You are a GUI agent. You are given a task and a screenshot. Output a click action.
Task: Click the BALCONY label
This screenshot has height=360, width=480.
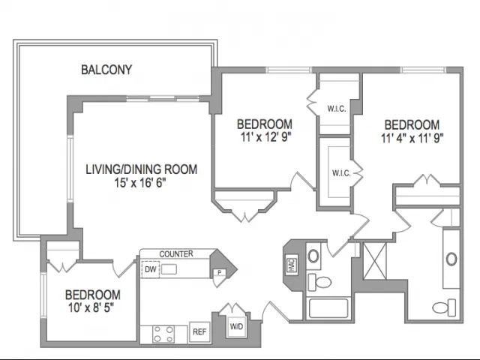coord(106,70)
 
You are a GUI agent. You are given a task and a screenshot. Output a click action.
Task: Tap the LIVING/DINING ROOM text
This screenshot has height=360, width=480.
coord(141,170)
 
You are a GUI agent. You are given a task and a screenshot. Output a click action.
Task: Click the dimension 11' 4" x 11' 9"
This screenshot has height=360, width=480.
coord(411,137)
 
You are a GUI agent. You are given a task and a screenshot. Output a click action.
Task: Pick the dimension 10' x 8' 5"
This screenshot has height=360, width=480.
coord(92,307)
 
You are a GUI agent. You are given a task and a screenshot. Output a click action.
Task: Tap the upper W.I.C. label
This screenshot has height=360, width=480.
coord(336,109)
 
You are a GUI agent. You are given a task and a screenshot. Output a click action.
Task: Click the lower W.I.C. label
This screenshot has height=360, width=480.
coord(341,173)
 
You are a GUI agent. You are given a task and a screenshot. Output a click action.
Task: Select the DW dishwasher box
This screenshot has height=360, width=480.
coord(150,268)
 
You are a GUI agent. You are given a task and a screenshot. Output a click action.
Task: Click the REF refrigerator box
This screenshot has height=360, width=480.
coord(199,330)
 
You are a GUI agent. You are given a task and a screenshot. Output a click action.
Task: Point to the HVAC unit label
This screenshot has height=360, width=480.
coord(290,264)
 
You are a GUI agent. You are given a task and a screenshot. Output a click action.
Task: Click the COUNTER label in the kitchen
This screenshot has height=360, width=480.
coord(176,254)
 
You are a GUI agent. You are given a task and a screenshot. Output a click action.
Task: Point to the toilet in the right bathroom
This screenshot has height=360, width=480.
coord(444,307)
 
